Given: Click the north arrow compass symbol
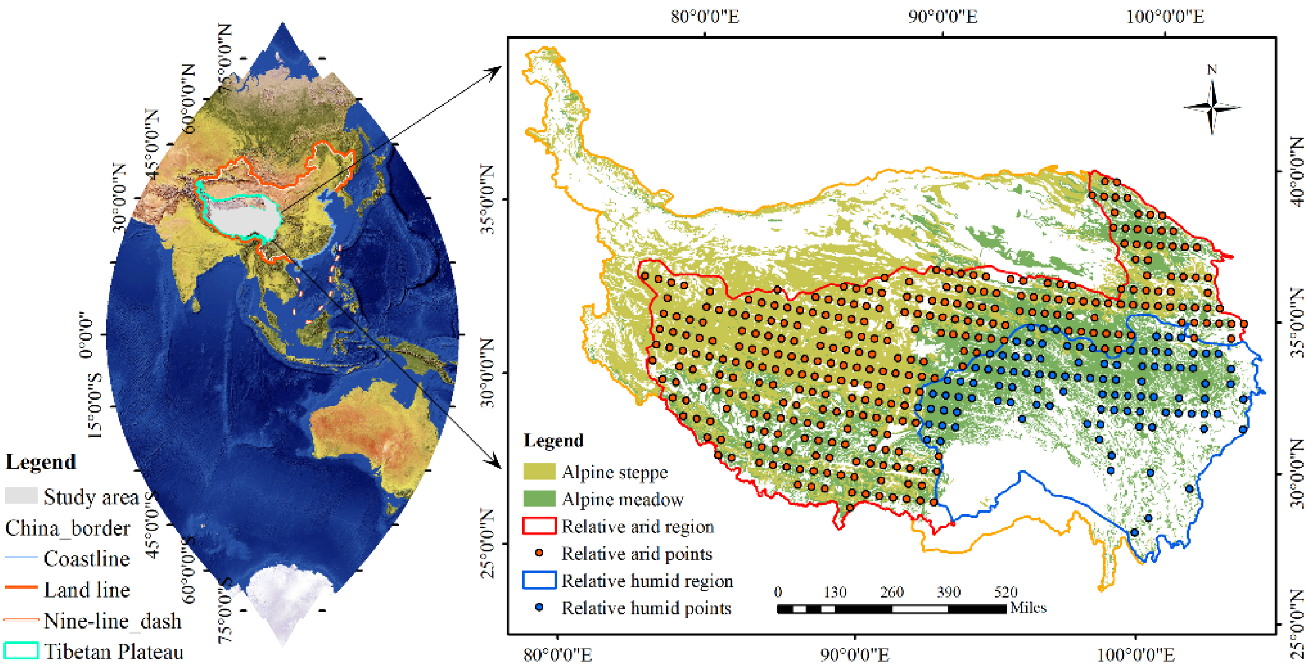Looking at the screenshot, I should pos(1212,108).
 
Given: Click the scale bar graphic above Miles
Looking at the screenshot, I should pos(891,609).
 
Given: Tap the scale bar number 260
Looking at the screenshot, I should pos(891,592).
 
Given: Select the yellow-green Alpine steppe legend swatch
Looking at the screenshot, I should pos(539,472).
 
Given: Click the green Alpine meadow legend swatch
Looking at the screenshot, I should pos(539,499).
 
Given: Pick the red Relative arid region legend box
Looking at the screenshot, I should pos(539,526).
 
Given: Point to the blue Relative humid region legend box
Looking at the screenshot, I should pos(539,580).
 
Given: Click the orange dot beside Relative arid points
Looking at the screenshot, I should pos(539,553).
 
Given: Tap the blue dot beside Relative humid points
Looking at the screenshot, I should pos(539,607).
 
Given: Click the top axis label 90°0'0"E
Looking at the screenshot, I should pos(942,17).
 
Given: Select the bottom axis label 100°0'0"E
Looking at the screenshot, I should pos(1135,655).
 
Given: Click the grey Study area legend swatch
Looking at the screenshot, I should pos(21,496).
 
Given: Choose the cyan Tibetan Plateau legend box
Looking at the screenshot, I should pos(21,651).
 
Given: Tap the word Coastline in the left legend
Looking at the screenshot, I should pos(86,558).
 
